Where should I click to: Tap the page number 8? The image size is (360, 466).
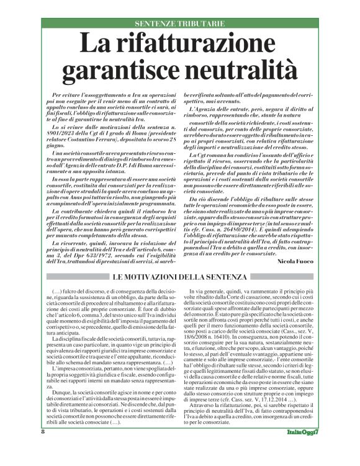point(42,449)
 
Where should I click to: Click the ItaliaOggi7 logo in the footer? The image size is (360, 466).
point(302,449)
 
